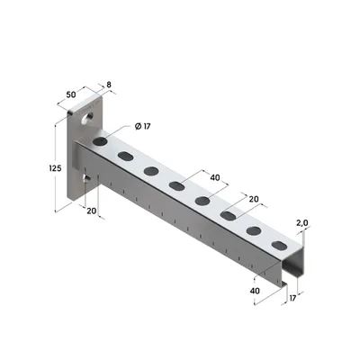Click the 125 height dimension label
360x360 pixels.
click(x=55, y=168)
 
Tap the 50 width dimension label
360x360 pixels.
click(x=71, y=94)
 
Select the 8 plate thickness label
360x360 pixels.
click(x=109, y=85)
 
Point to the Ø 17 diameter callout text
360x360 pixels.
click(x=142, y=127)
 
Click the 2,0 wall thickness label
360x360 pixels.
click(x=302, y=223)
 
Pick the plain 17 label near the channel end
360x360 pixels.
click(x=292, y=298)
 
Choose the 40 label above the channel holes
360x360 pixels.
click(x=215, y=178)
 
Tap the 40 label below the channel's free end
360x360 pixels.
click(x=255, y=291)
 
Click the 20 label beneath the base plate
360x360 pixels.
click(x=92, y=211)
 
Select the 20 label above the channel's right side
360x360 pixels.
click(x=254, y=199)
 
